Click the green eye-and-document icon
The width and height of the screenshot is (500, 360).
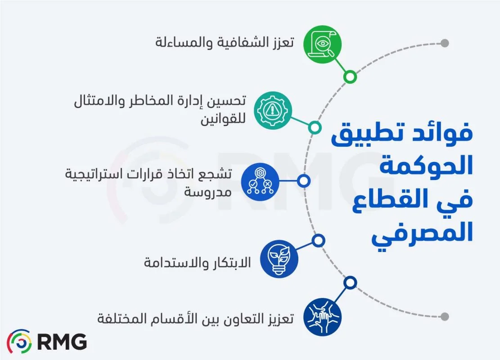click(x=322, y=44)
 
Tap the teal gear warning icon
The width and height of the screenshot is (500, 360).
click(x=273, y=111)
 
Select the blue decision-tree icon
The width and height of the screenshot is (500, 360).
click(x=260, y=181)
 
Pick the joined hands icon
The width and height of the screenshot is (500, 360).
click(x=322, y=316)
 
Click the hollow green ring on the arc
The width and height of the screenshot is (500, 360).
click(x=350, y=77)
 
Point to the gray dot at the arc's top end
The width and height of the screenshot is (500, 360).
click(x=445, y=43)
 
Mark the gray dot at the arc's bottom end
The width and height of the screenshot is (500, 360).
click(x=445, y=316)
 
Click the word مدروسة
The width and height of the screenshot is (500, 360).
click(x=207, y=191)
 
